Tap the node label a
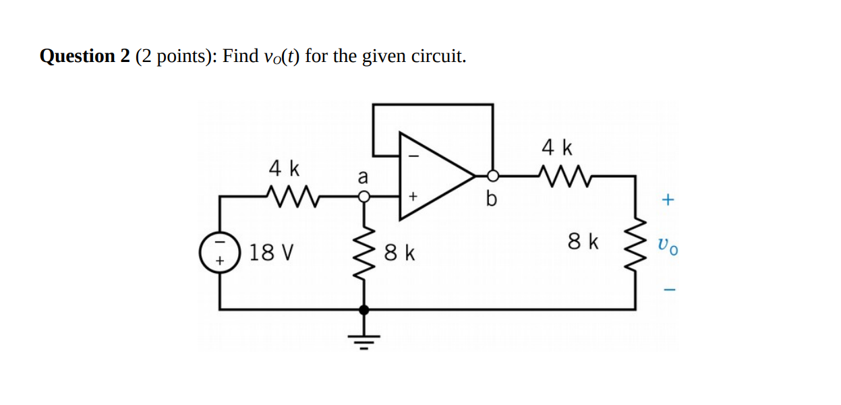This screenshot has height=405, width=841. (x=363, y=177)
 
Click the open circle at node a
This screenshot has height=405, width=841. (x=364, y=197)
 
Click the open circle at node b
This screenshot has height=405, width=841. (x=493, y=176)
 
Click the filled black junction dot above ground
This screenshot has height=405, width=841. (x=364, y=310)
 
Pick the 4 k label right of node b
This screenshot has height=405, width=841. (x=557, y=147)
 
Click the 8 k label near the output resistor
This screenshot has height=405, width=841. (x=583, y=241)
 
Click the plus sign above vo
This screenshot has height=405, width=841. (x=668, y=200)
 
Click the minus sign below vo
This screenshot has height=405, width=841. (x=668, y=290)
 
